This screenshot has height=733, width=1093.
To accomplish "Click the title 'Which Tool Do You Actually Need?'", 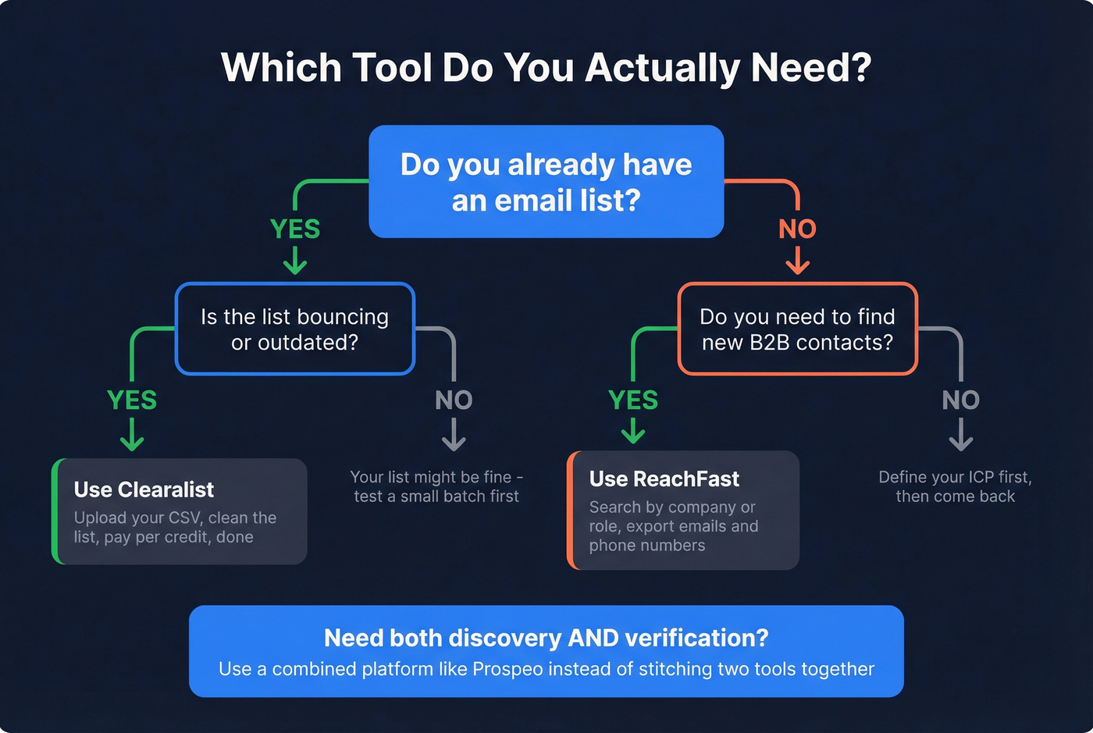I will pos(546,68).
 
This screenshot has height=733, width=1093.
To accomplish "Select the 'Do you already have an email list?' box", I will pos(546,182).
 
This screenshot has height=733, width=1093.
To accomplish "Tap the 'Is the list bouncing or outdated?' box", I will pos(294,329).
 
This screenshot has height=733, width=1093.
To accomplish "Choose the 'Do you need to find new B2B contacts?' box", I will pos(797,329).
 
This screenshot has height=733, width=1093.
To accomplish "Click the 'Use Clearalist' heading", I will pos(144,489).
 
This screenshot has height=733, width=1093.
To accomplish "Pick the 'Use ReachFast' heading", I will pos(664,479).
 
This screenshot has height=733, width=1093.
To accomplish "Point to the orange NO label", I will pos(797,229).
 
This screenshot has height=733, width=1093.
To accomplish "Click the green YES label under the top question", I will pos(295,229).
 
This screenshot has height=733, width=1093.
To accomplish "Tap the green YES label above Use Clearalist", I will pos(132,400).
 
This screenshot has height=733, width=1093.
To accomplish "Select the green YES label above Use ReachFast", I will pos(633,400).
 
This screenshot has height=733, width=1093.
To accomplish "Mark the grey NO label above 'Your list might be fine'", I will pos(454,400).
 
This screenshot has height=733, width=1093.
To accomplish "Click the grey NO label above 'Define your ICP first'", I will pos(960,400).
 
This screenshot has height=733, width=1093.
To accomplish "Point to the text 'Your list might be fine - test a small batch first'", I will pos(436,486).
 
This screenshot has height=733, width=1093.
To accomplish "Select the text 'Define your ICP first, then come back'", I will pos(955,486).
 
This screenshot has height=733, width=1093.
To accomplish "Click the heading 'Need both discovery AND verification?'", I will pos(546,638).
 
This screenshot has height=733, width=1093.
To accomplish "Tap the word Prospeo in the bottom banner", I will pos(507,669).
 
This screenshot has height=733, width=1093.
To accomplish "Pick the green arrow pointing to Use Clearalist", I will pos(132,436).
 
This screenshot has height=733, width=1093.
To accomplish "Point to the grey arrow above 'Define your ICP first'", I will pos(960,436).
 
